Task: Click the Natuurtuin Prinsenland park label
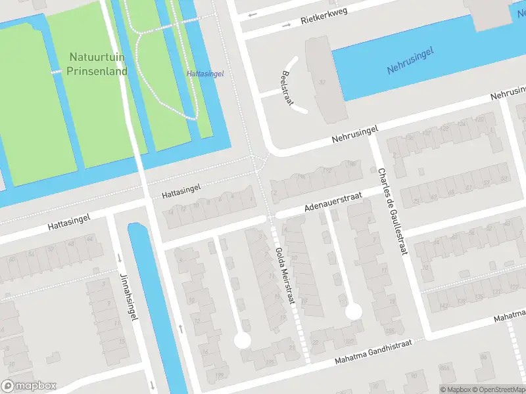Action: click(x=97, y=64)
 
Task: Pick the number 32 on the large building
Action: click(x=322, y=82)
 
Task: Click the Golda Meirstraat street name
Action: click(x=285, y=276)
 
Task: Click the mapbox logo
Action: click(x=29, y=386)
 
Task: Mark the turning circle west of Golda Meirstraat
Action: click(x=243, y=340)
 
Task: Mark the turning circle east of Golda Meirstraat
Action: click(x=354, y=311)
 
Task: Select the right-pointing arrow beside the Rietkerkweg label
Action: click(x=286, y=26)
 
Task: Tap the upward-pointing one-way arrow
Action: click(x=180, y=328)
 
